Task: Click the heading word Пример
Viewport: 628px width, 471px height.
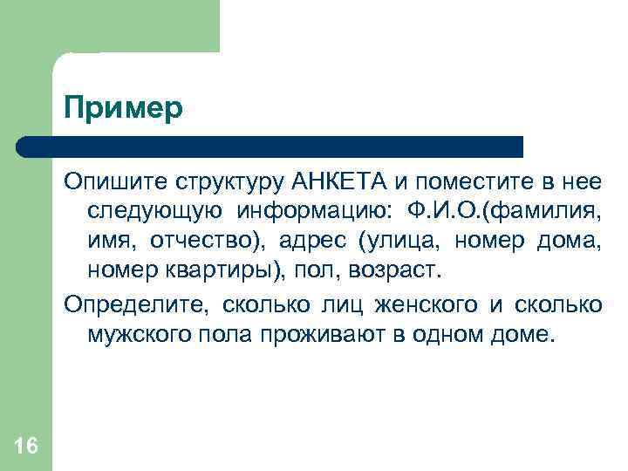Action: [x=123, y=109]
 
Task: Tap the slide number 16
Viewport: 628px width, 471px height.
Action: [x=26, y=447]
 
